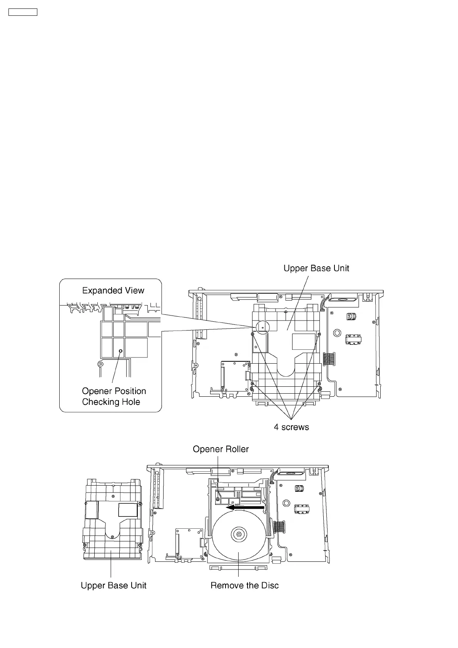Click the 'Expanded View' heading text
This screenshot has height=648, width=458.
coord(113,291)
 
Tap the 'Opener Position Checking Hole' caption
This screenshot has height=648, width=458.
coord(114,396)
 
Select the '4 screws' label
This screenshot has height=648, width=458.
coord(291,427)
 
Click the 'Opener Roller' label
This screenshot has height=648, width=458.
coord(221,449)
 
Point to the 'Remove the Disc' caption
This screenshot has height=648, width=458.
coord(244,585)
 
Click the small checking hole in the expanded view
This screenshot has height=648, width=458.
coord(120,351)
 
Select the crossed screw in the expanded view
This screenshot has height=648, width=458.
coord(101,364)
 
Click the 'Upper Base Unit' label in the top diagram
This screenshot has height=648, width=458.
coord(316,268)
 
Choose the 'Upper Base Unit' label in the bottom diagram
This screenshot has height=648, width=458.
coord(114,585)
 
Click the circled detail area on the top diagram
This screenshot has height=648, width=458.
coord(262,327)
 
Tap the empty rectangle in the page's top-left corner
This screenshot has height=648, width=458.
coord(23,12)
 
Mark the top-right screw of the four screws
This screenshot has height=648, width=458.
coord(319,334)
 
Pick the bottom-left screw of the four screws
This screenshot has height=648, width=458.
coord(252,384)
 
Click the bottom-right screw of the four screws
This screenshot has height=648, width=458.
coord(319,384)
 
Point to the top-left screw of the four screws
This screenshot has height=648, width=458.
coord(252,334)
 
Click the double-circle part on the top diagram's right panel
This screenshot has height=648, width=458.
coord(337,332)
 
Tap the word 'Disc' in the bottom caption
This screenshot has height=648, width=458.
coord(269,585)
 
